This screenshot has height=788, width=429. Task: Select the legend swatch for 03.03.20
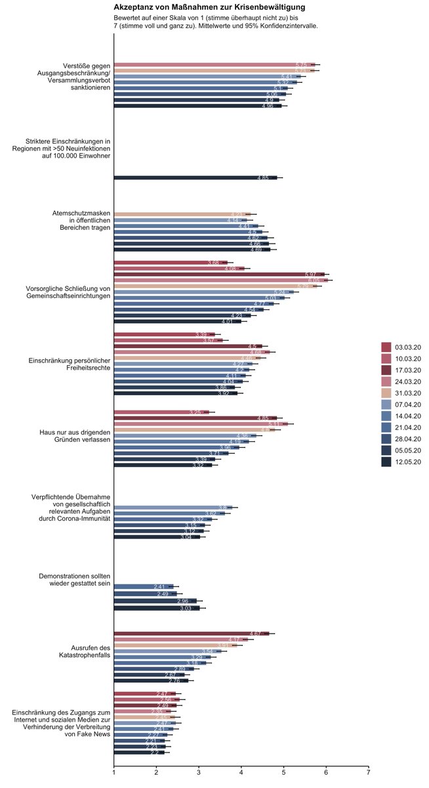click(386, 346)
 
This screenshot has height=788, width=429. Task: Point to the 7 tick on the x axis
click(369, 772)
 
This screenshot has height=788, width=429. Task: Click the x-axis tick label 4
click(241, 772)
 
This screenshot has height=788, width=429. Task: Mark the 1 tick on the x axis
click(114, 772)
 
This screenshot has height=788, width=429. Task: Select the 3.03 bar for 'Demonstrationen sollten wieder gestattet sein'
click(157, 608)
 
